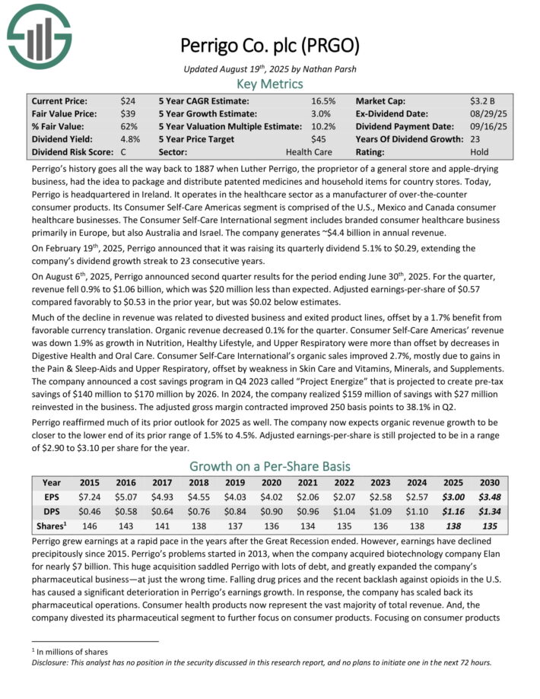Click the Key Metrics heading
click(x=270, y=84)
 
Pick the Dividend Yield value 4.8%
click(x=129, y=139)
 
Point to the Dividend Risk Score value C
click(x=124, y=152)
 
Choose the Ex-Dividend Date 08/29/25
click(x=487, y=113)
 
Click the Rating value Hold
click(x=480, y=152)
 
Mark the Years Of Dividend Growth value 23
click(x=475, y=139)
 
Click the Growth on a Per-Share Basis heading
click(x=270, y=465)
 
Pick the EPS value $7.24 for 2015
click(x=91, y=496)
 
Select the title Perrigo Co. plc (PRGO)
click(x=270, y=45)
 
